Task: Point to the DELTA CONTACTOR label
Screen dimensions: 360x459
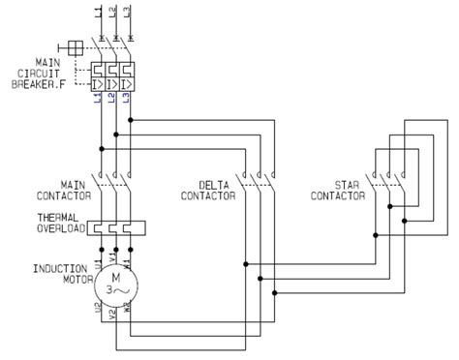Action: [x=208, y=189]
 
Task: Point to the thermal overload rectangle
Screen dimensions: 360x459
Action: [x=115, y=228]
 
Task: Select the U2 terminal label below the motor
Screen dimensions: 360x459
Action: [x=100, y=311]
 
